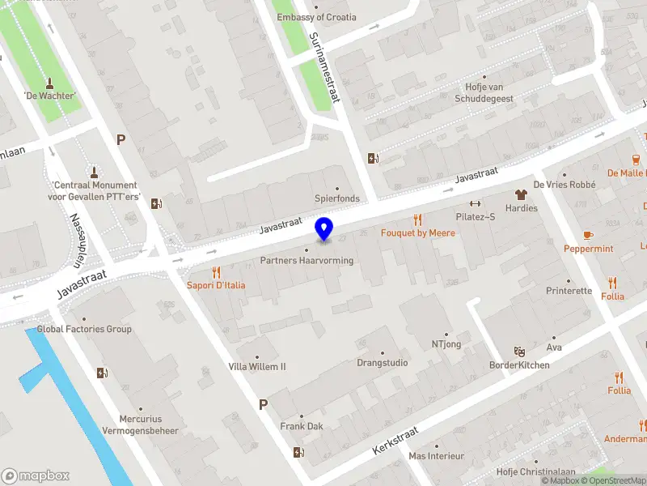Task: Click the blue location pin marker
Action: point(324,229)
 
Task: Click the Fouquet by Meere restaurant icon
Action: point(417,220)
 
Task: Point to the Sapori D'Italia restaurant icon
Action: point(215,272)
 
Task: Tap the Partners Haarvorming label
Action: point(307,260)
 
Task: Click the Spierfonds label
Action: point(337,198)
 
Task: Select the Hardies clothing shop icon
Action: point(521,194)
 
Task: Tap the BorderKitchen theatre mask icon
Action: point(519,352)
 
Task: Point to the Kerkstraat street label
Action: point(395,439)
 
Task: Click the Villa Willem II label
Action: point(257,366)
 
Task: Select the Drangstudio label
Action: point(383,363)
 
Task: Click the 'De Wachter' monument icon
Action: point(49,83)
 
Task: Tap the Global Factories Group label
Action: point(84,329)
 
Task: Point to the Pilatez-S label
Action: point(475,218)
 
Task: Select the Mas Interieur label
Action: point(436,456)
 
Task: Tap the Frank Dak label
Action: point(302,426)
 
